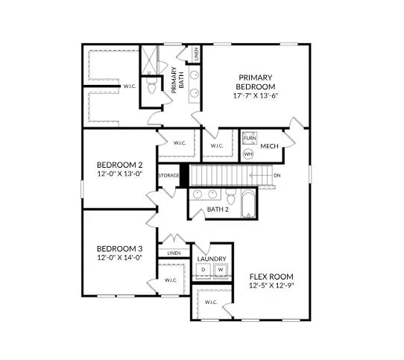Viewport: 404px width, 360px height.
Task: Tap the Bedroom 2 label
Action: tap(119, 165)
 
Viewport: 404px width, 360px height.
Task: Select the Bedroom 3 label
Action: tap(119, 248)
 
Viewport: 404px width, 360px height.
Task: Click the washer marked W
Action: tap(221, 269)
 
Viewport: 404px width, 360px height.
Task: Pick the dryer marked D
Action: tap(203, 269)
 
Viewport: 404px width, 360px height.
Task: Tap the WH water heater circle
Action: tap(249, 154)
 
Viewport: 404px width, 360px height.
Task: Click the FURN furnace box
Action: tap(249, 139)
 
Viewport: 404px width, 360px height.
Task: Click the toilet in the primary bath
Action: tap(152, 88)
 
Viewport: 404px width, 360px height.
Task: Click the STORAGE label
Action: tap(168, 176)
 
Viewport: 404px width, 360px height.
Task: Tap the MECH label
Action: tap(269, 146)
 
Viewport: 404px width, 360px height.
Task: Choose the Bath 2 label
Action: tap(217, 209)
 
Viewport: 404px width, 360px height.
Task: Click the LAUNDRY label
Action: tap(212, 259)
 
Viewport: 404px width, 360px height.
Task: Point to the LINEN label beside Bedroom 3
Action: tap(174, 253)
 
